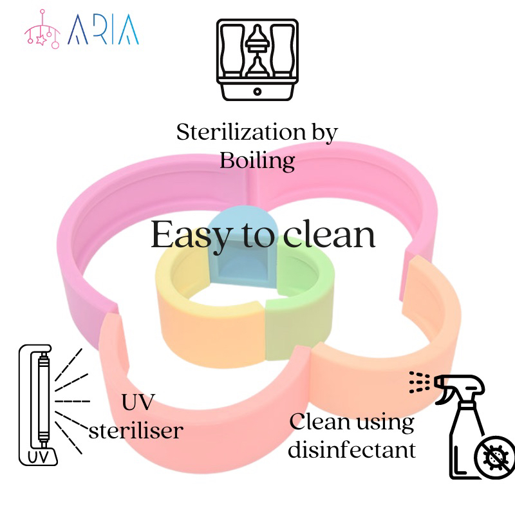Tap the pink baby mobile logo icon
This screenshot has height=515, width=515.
42,30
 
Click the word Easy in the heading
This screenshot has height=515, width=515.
189,235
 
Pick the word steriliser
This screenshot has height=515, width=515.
136,429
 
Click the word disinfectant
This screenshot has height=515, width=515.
351,449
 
